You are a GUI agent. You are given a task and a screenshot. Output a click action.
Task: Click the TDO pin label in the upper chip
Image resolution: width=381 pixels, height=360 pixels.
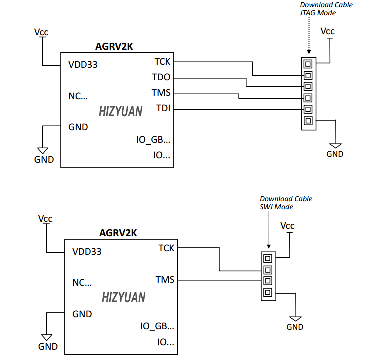161,78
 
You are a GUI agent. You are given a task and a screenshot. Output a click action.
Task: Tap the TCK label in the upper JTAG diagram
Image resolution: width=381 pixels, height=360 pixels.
162,62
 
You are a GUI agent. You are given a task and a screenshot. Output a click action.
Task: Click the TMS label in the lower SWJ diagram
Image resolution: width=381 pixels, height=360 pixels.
165,279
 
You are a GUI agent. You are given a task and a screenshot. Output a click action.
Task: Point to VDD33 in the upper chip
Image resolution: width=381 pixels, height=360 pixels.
83,65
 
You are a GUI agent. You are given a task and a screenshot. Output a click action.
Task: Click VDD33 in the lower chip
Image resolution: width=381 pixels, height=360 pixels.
87,251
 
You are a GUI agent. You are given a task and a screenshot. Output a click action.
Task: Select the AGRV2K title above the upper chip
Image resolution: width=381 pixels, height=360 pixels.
114,47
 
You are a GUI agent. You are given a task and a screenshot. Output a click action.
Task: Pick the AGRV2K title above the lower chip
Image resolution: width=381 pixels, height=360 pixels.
118,233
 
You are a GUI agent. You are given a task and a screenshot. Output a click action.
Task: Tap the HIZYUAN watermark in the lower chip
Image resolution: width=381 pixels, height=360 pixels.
123,298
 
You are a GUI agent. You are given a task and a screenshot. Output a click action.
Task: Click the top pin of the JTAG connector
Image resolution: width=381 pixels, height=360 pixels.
308,64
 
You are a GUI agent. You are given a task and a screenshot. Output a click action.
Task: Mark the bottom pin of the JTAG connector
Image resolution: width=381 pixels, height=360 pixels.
308,121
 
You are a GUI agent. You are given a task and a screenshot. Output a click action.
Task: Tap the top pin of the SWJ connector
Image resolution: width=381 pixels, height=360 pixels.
268,258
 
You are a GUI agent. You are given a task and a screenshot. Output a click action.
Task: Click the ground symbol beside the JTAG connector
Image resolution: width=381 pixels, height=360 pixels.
335,144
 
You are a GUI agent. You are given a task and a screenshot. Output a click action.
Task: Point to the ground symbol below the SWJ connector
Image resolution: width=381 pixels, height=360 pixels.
295,318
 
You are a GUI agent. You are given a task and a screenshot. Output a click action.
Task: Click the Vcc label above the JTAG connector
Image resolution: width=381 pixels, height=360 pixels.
327,31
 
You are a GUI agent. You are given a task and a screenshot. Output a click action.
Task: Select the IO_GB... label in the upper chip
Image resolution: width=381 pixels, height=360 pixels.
153,140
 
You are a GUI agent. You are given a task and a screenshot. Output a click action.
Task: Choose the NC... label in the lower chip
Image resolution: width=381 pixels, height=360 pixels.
82,282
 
